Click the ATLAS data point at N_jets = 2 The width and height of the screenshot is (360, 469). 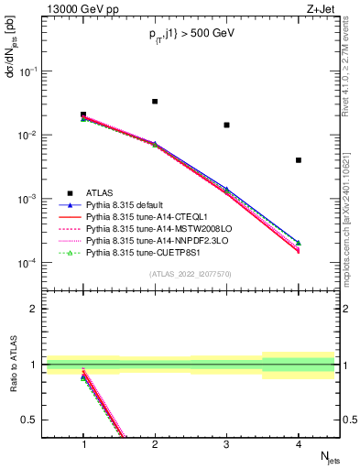click(155, 101)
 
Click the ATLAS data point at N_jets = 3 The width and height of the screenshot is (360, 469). click(226, 125)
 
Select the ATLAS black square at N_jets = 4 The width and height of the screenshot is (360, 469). click(299, 160)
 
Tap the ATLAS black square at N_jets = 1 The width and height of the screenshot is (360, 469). click(83, 115)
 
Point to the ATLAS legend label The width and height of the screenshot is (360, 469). click(100, 193)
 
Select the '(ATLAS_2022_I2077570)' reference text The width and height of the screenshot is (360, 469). click(191, 273)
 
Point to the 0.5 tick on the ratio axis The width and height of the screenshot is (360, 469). click(34, 420)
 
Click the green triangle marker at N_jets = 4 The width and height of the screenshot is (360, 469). click(299, 243)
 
